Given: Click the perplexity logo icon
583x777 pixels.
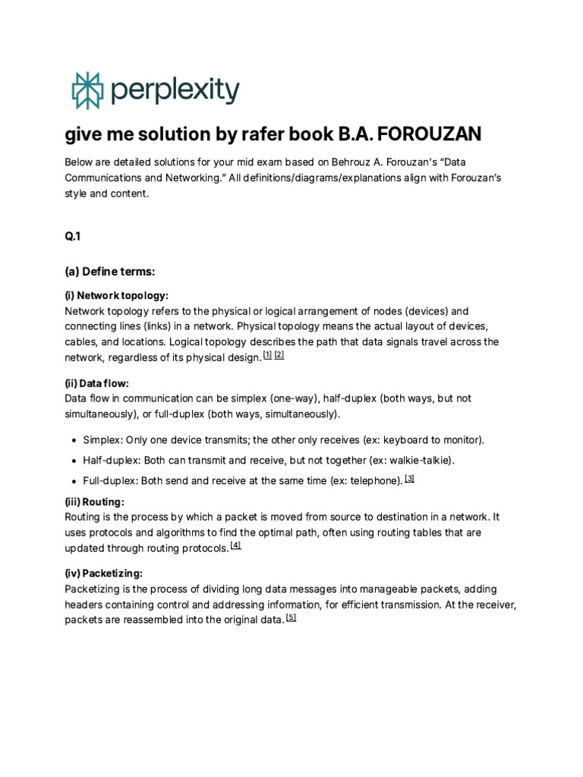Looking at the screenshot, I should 86,91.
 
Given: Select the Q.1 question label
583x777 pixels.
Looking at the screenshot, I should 73,237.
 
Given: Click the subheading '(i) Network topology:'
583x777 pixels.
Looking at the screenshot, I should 117,295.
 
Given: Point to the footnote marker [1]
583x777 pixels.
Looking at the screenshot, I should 267,355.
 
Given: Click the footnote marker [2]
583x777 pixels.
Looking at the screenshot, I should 279,355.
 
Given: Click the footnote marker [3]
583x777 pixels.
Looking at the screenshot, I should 410,478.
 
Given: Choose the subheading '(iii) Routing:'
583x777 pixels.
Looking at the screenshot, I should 95,502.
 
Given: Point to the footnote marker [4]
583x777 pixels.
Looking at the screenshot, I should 235,546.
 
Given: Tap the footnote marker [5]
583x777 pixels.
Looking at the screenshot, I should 291,618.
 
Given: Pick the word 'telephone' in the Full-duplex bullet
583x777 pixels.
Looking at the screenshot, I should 373,481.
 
